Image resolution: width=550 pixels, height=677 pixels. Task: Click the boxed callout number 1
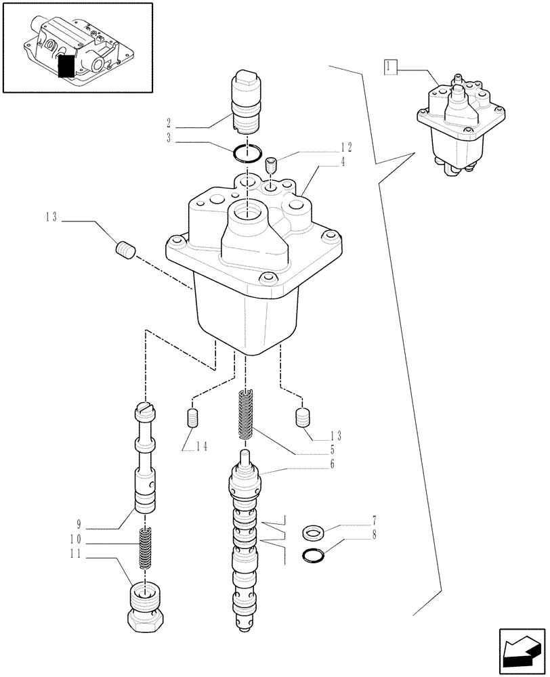tap(389, 66)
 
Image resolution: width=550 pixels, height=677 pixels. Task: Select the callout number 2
tap(167, 124)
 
